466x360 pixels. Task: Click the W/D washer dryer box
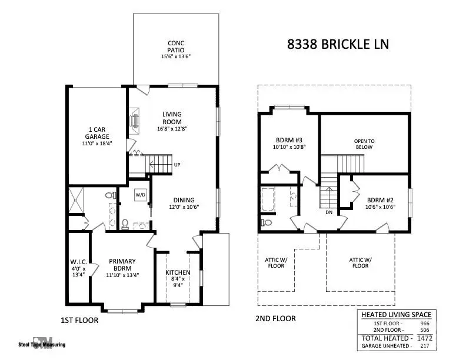[141, 194]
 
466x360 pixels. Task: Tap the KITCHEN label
[177, 272]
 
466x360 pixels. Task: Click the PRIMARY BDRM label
[122, 265]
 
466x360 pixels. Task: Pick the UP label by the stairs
[177, 165]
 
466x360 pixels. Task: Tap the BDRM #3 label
[289, 140]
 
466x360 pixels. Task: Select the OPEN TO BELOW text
[364, 145]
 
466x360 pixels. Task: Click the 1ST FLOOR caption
[79, 321]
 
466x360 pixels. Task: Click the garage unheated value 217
[425, 346]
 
